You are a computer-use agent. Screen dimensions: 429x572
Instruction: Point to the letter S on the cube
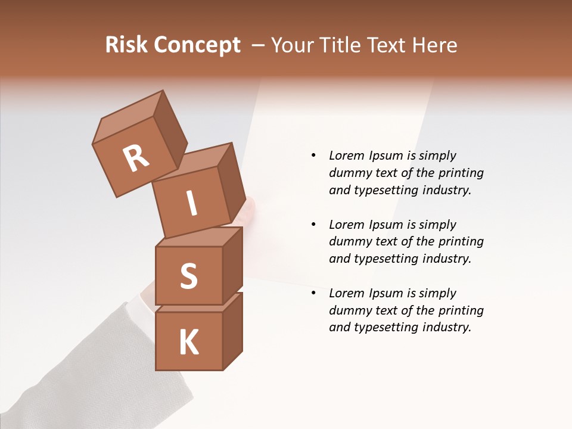[x=188, y=276]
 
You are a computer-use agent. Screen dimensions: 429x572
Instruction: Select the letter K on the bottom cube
[x=189, y=343]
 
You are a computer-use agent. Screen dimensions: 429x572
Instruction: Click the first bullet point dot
[x=313, y=156]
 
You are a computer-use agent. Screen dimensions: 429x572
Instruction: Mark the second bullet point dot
[x=313, y=225]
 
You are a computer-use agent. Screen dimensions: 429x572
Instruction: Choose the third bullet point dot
[x=313, y=293]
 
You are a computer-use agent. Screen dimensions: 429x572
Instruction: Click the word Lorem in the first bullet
[x=346, y=156]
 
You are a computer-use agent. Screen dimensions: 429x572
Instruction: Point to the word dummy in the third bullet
[x=349, y=310]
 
